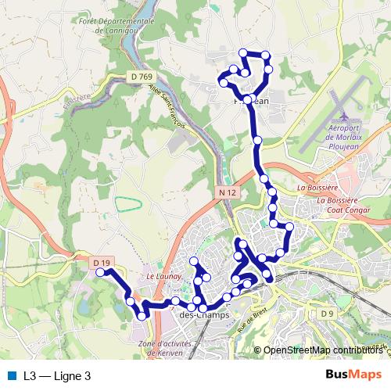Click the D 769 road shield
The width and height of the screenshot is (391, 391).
[140, 76]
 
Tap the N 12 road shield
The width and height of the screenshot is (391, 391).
[228, 192]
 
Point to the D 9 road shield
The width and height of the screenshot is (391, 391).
[327, 314]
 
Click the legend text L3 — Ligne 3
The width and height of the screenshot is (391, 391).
[57, 376]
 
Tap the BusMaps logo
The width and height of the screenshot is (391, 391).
[353, 375]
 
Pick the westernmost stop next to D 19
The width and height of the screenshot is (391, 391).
[100, 272]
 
